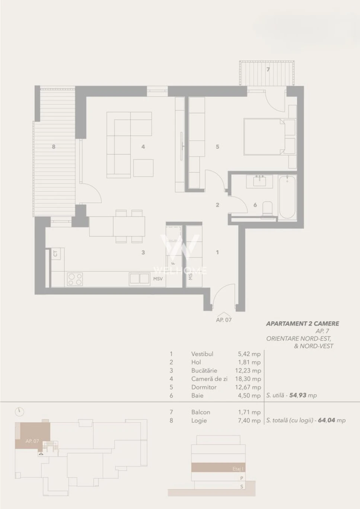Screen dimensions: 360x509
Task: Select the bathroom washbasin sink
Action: pos(259,181)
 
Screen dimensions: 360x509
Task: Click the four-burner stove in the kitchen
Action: pos(75,279)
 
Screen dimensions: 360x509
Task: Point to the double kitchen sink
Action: pos(140,279)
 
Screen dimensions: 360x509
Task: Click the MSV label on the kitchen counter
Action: pos(158,279)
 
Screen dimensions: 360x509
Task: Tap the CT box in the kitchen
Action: pos(55,254)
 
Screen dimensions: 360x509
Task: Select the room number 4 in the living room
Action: pos(143,147)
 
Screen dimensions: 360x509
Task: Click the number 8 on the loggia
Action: pos(54,147)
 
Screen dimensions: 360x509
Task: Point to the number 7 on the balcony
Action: pos(268,69)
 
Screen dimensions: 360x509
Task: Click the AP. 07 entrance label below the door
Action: pos(224,320)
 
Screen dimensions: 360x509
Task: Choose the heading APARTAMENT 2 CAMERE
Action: pos(303,323)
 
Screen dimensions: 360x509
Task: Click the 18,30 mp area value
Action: pos(248,379)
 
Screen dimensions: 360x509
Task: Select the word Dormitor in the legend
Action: pos(204,387)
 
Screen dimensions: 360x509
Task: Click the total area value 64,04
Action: pos(326,420)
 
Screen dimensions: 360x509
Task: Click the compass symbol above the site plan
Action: pos(19,412)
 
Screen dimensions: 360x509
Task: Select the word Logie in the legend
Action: pos(199,421)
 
